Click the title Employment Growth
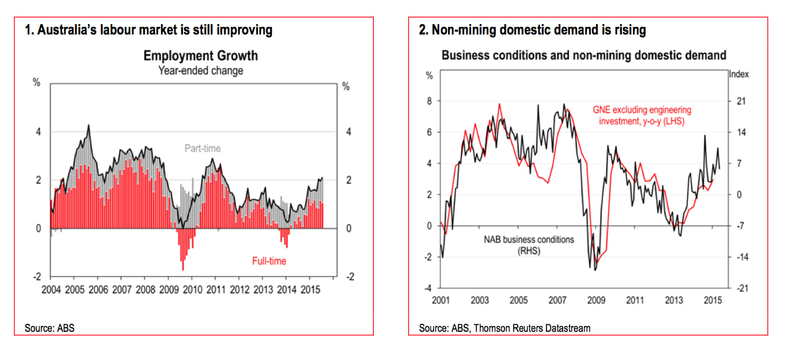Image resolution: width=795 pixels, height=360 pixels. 200,56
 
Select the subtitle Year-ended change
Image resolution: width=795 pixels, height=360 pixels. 200,71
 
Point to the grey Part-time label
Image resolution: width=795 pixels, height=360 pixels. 202,148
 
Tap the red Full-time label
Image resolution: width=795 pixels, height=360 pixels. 269,261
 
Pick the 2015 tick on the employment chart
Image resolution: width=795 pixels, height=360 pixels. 310,288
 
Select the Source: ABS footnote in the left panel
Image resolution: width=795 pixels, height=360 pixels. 49,328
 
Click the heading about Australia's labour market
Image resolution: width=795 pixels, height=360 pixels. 149,30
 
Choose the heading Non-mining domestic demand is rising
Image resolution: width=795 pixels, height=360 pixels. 533,30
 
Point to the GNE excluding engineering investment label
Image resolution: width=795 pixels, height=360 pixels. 642,116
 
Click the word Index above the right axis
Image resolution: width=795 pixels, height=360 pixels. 739,74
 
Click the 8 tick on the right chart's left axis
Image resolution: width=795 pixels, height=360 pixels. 429,101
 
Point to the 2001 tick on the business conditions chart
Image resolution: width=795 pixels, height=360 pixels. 440,300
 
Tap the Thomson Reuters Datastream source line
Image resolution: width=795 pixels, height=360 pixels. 504,328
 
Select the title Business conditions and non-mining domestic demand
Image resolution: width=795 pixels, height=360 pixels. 584,56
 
